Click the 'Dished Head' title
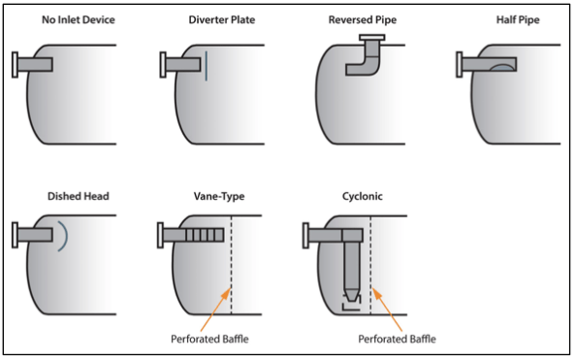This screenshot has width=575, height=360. click(78, 196)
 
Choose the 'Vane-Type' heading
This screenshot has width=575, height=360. click(220, 196)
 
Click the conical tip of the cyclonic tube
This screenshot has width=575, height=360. click(351, 293)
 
